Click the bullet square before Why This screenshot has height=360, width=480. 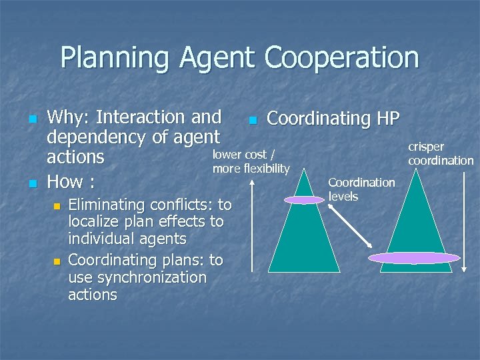tap(31, 119)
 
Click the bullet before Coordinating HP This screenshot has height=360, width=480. tap(251, 121)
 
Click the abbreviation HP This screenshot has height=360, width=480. tap(387, 119)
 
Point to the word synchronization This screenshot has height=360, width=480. tap(137, 277)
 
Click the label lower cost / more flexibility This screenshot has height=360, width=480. tap(251, 161)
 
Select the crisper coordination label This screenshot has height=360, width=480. tap(440, 153)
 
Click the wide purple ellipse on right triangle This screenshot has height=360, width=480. tap(414, 258)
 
